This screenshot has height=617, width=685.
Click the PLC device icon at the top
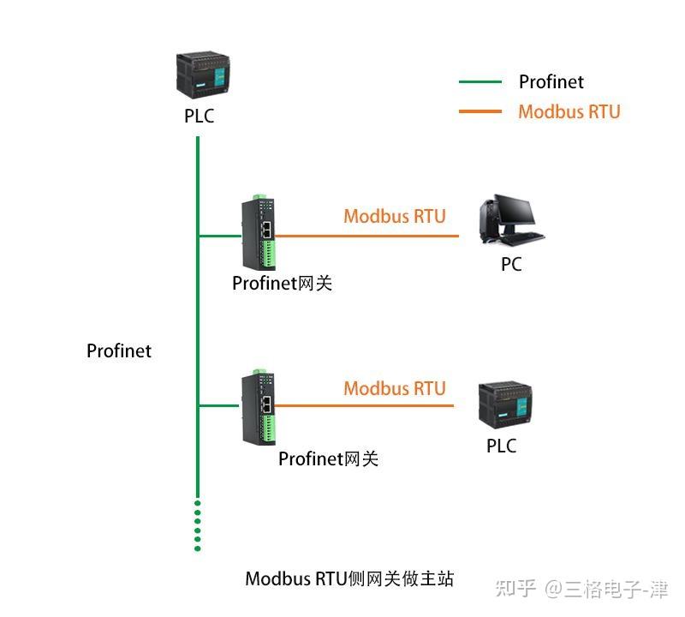[200, 75]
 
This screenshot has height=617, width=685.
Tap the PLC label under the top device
[199, 116]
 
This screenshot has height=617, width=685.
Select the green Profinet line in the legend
[480, 82]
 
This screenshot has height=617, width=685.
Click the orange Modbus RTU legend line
[480, 111]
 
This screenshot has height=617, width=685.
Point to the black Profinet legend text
[551, 82]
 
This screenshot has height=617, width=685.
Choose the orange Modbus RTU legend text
[569, 111]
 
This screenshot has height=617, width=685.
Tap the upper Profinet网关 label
[282, 283]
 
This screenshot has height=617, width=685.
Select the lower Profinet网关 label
[328, 458]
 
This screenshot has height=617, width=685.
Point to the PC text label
[511, 265]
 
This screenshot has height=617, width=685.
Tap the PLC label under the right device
[502, 446]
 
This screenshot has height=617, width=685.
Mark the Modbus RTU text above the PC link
[395, 216]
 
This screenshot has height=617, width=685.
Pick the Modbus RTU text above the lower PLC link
[395, 388]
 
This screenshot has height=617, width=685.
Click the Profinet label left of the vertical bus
[119, 351]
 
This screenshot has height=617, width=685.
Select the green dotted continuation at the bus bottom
[198, 524]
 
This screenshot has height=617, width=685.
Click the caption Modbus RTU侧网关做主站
[349, 578]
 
